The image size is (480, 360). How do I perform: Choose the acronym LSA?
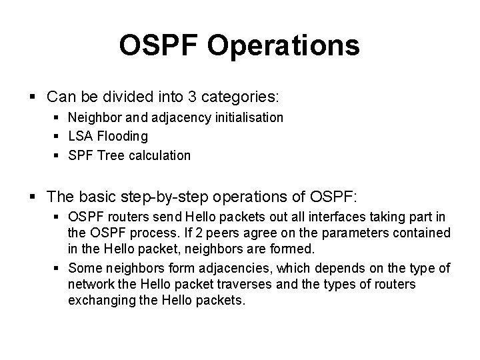click(x=79, y=137)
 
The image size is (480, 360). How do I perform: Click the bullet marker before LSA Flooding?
click(x=60, y=137)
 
